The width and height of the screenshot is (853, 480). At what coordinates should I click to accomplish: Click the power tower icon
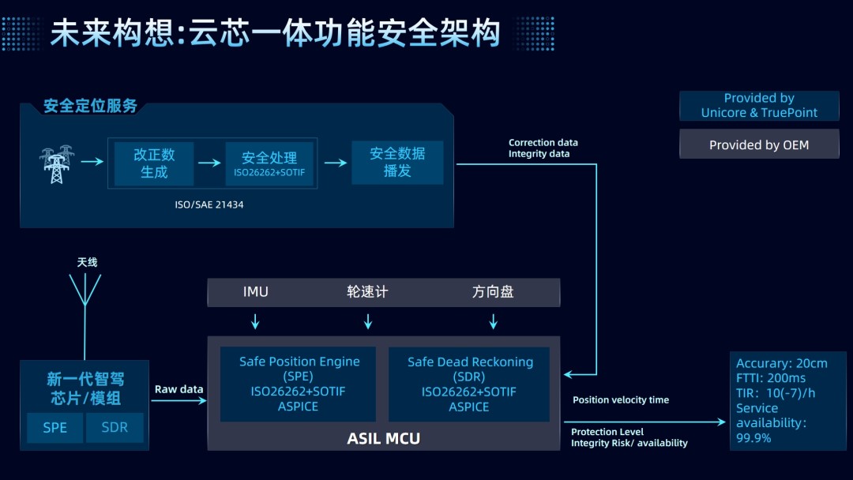(x=56, y=164)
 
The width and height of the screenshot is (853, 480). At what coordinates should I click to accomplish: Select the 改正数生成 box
(x=154, y=163)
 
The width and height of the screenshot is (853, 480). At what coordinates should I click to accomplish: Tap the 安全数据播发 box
(x=397, y=163)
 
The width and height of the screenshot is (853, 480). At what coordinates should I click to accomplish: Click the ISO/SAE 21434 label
(x=205, y=204)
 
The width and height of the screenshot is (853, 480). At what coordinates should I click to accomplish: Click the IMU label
(x=255, y=292)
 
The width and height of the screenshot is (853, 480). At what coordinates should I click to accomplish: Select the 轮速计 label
(x=367, y=292)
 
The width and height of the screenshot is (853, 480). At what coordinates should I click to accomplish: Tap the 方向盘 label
(x=493, y=292)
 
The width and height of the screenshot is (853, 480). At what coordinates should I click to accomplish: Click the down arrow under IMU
(x=255, y=321)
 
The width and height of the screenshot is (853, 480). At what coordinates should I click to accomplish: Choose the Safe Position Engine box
(x=299, y=384)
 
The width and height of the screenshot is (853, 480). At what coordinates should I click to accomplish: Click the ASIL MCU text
(x=384, y=438)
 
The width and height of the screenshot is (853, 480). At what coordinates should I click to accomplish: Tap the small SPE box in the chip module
(x=54, y=429)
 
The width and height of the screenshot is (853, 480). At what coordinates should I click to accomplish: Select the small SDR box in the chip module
(x=114, y=429)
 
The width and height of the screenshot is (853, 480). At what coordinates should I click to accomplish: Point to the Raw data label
(x=178, y=389)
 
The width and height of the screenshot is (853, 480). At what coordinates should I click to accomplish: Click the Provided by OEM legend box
(x=759, y=145)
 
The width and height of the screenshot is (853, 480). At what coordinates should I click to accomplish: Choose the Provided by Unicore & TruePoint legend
(x=759, y=106)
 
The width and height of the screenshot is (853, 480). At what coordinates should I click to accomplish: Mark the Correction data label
(x=543, y=143)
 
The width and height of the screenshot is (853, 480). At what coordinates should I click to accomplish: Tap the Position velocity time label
(x=620, y=400)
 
